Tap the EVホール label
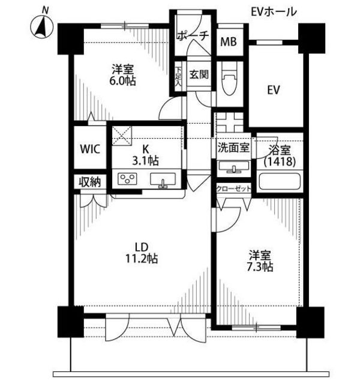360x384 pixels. tap(274, 12)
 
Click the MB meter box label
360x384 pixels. tap(229, 41)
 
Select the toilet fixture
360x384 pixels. tap(229, 80)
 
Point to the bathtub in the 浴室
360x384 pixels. tap(280, 181)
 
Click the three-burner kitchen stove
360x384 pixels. tap(127, 179)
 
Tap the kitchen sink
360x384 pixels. tap(163, 180)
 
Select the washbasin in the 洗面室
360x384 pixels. tap(234, 167)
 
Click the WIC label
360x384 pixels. tap(90, 149)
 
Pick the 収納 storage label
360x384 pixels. tap(89, 182)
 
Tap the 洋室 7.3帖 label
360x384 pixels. tap(260, 261)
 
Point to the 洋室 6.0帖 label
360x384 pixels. tap(122, 75)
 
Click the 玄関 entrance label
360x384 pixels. tap(199, 74)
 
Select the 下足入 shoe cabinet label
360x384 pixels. tap(178, 76)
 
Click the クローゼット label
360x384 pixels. tap(233, 188)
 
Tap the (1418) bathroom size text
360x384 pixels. tap(280, 161)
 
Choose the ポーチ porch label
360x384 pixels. tap(193, 36)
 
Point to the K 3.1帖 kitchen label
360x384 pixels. tap(145, 155)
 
